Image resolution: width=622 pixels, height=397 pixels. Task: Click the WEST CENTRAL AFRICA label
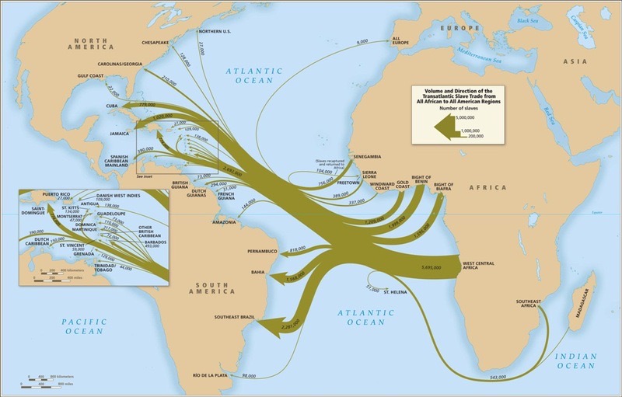pyautogui.click(x=479, y=266)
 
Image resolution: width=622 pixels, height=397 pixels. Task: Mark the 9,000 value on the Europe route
pyautogui.click(x=362, y=41)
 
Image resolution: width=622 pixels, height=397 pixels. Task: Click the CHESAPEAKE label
pyautogui.click(x=156, y=44)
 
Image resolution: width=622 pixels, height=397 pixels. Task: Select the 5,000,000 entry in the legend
pyautogui.click(x=475, y=117)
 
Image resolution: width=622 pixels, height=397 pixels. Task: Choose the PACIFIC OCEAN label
pyautogui.click(x=84, y=326)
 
